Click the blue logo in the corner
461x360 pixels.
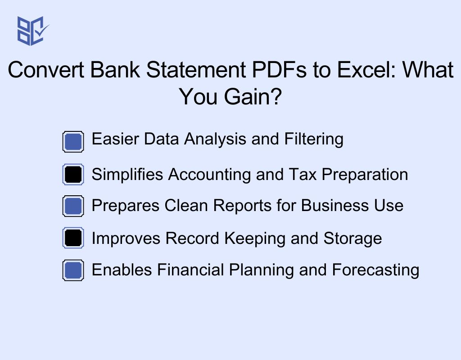tap(32, 31)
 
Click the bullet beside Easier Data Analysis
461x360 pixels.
tap(73, 142)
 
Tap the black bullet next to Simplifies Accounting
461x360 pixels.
tap(73, 175)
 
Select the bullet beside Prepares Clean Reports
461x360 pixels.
tap(73, 206)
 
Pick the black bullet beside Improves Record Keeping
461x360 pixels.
tap(73, 238)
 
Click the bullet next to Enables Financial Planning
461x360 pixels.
tap(73, 270)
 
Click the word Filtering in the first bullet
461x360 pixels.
tap(314, 139)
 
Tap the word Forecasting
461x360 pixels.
tap(375, 270)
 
